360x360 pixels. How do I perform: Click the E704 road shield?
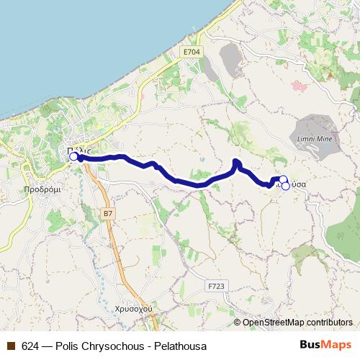point(192,52)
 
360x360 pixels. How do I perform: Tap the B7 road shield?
point(108,214)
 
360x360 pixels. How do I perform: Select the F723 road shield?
point(215,286)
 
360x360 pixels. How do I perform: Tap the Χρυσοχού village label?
point(134,307)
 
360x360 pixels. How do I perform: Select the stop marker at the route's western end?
point(73,156)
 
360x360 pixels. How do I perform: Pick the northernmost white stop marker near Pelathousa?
point(283,179)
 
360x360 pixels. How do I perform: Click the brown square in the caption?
point(11,345)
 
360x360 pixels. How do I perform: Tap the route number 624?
point(31,345)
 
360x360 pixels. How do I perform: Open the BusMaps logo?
point(325,344)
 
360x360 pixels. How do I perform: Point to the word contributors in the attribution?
point(329,323)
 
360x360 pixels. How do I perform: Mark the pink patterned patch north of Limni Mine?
point(299,86)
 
